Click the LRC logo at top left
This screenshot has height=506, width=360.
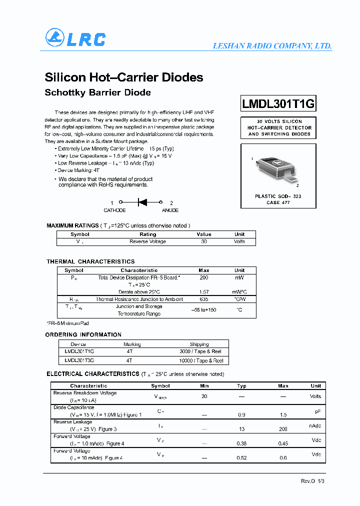(x=75, y=38)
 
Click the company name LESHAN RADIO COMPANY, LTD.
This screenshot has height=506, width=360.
(x=272, y=46)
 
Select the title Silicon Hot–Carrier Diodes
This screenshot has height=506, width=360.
(x=124, y=77)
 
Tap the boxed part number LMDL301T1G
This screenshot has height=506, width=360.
(x=278, y=103)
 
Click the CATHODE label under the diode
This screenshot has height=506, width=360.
(x=114, y=210)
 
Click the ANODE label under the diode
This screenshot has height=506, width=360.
(x=170, y=210)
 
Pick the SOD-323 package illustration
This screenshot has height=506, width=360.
(x=276, y=166)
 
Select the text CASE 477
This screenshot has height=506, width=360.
(x=278, y=202)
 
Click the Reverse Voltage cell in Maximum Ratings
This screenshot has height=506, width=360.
(x=147, y=241)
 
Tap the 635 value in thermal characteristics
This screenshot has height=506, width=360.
(x=203, y=299)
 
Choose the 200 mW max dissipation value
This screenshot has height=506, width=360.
(x=203, y=277)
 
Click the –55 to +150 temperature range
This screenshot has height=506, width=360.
(x=203, y=310)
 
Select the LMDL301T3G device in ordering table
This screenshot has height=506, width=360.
(x=79, y=360)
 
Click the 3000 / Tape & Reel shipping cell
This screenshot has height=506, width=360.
(x=201, y=352)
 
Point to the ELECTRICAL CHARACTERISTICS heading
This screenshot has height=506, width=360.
(x=92, y=374)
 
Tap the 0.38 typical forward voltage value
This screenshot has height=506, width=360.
(x=241, y=443)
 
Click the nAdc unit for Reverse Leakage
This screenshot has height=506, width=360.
(x=315, y=425)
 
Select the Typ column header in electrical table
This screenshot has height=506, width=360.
(x=241, y=386)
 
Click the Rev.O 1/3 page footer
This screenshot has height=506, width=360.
(x=312, y=480)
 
